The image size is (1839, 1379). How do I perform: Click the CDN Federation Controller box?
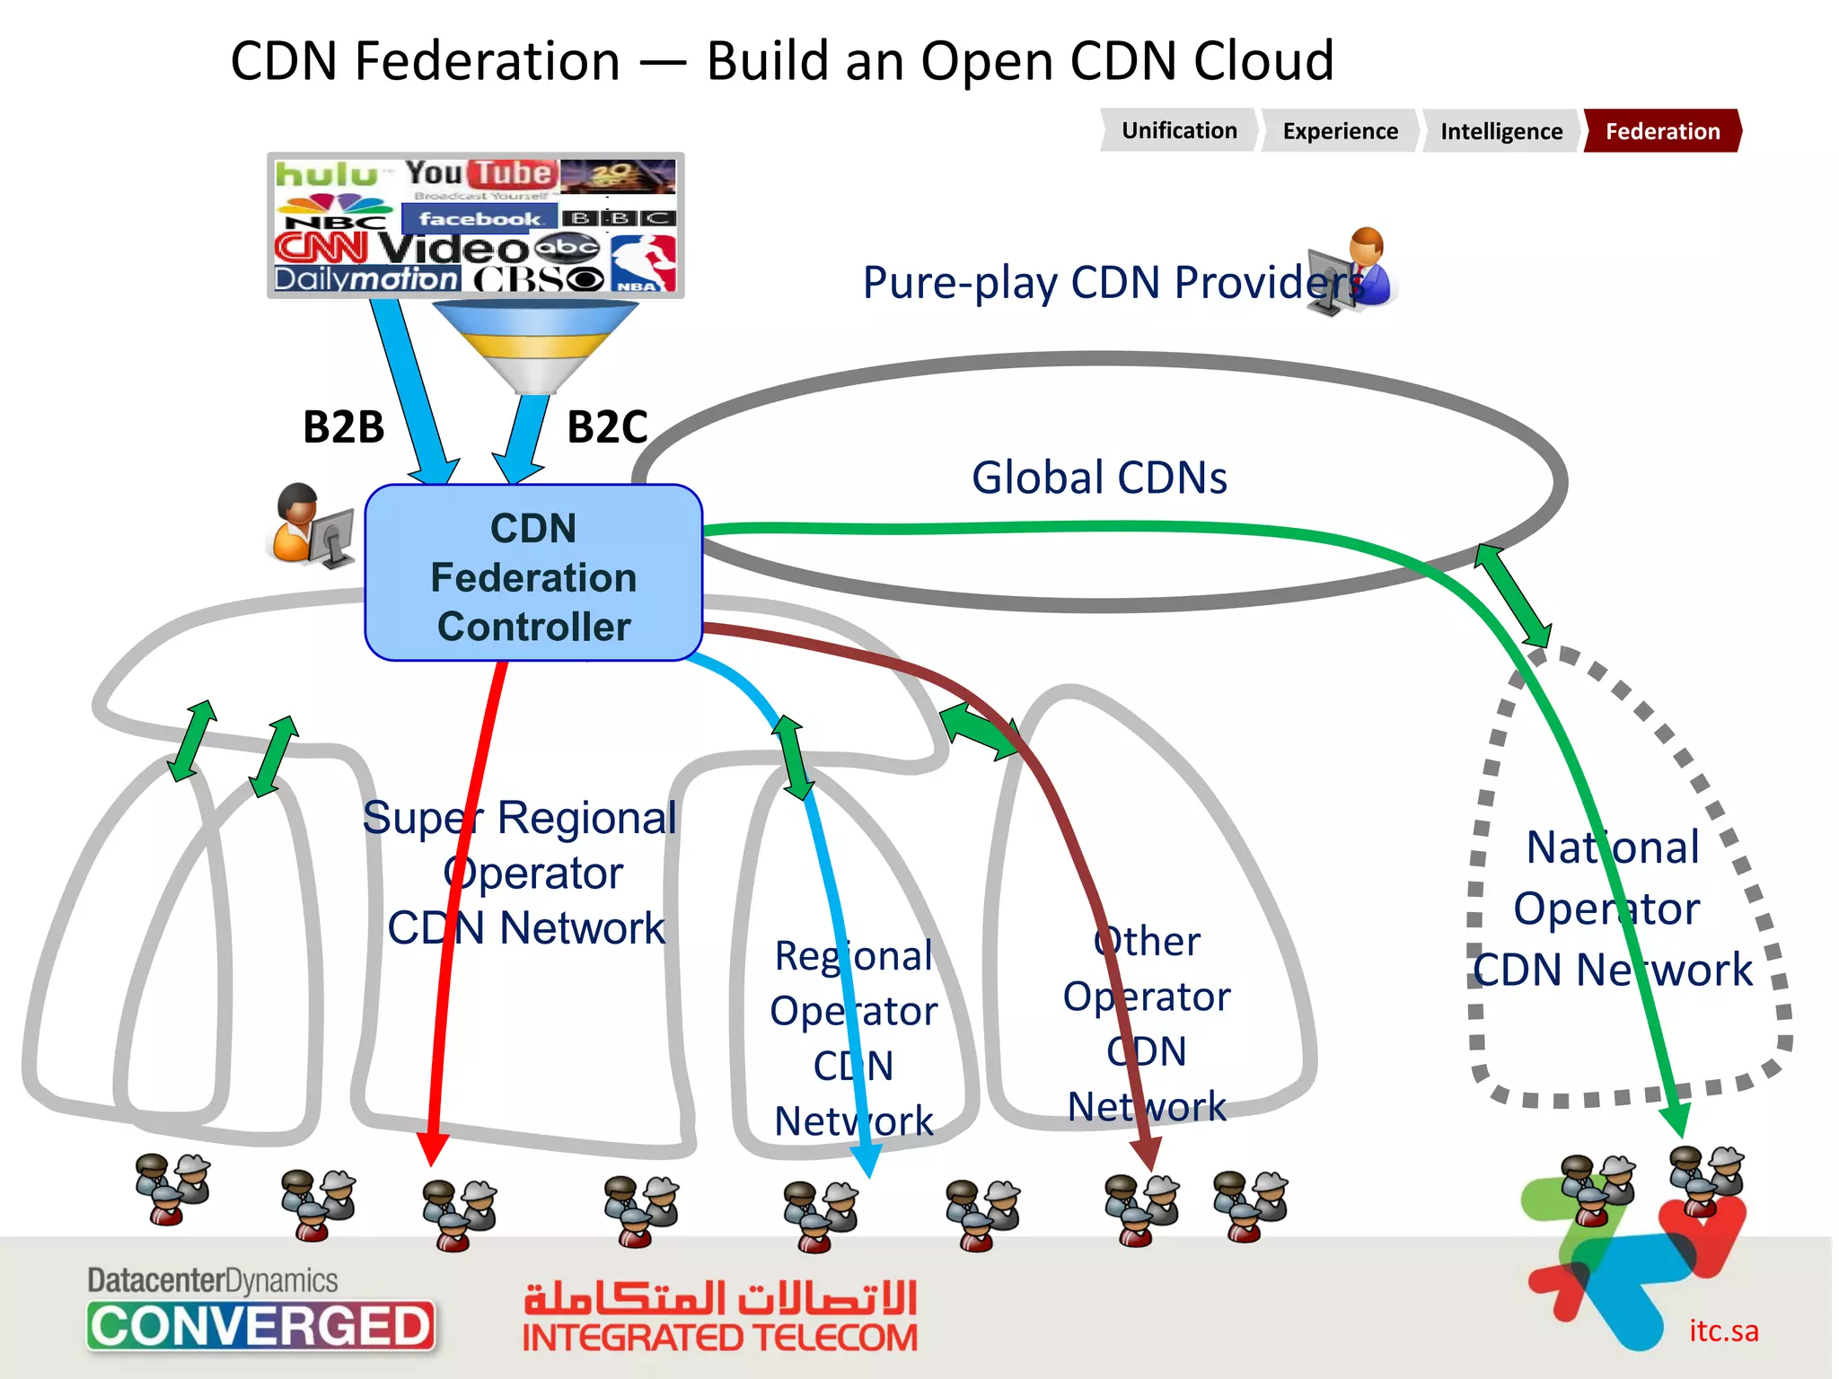pyautogui.click(x=533, y=575)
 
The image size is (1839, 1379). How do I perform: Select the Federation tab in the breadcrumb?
pyautogui.click(x=1662, y=131)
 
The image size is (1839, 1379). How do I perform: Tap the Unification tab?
pyautogui.click(x=1178, y=131)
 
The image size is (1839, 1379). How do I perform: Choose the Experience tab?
pyautogui.click(x=1340, y=131)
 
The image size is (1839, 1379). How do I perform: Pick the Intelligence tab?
pyautogui.click(x=1500, y=131)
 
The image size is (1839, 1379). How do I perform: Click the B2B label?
pyautogui.click(x=343, y=427)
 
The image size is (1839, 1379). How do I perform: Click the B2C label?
pyautogui.click(x=607, y=427)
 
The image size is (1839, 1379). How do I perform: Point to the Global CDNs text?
pyautogui.click(x=1099, y=478)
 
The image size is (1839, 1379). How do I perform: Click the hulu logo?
pyautogui.click(x=326, y=174)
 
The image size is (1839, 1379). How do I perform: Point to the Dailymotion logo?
pyautogui.click(x=366, y=279)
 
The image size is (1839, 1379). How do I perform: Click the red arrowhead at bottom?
pyautogui.click(x=433, y=1149)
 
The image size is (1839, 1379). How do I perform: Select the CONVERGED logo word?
pyautogui.click(x=260, y=1327)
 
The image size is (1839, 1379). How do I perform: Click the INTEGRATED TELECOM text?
pyautogui.click(x=720, y=1339)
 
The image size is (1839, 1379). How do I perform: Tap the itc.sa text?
pyautogui.click(x=1723, y=1331)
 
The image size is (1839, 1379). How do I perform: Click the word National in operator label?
pyautogui.click(x=1613, y=848)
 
